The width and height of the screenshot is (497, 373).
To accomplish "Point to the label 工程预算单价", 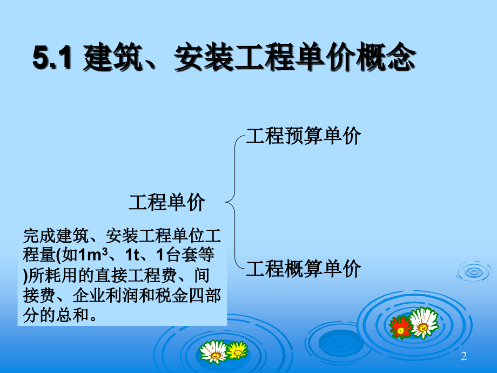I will point(303,136).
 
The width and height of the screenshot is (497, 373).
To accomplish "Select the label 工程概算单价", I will point(303,269).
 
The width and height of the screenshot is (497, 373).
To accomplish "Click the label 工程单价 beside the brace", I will point(167,203).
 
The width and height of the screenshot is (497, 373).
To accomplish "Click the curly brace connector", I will point(233,203).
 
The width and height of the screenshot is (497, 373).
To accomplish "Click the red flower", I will point(400,327).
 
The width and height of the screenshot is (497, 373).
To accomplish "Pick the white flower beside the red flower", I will point(424,322).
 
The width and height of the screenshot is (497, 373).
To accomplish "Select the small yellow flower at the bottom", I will point(237,351).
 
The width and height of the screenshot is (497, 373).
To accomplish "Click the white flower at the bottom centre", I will point(213,352).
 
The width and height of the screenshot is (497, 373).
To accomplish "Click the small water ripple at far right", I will point(474,271).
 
